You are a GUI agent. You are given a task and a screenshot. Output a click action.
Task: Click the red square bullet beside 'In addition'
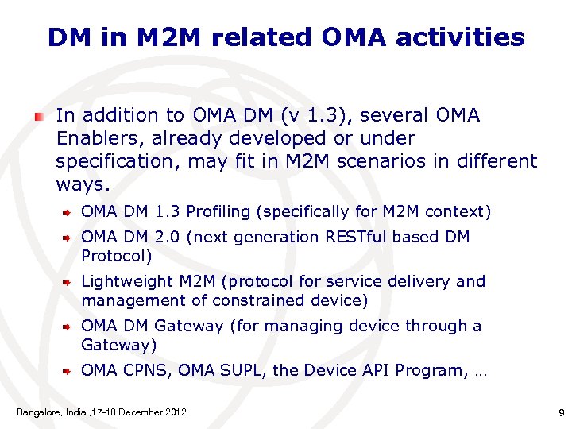(x=38, y=116)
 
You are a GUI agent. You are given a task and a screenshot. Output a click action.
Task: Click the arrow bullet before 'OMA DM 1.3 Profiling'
(x=69, y=212)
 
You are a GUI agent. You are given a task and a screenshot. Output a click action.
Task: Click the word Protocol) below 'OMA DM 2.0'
(x=116, y=257)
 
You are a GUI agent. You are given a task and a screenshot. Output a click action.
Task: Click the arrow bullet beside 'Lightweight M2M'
(x=69, y=281)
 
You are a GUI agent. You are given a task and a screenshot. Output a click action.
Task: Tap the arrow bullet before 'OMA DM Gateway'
(x=69, y=326)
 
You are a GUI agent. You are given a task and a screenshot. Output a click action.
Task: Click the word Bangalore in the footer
(x=40, y=412)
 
